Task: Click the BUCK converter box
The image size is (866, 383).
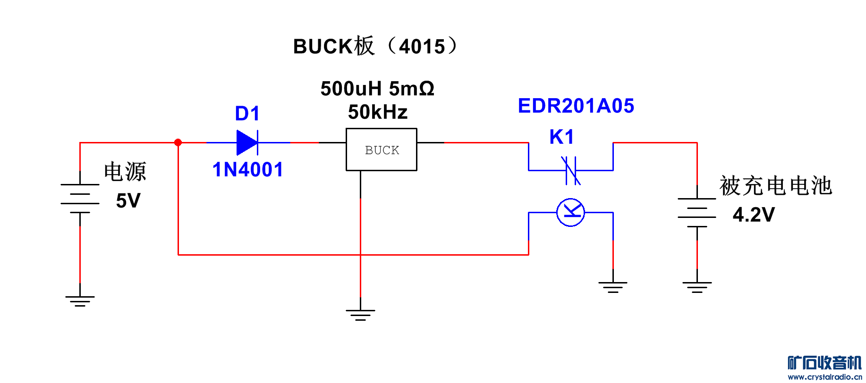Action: pyautogui.click(x=382, y=150)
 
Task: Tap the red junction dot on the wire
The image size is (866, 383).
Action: pyautogui.click(x=178, y=142)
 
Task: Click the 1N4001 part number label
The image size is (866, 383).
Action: pyautogui.click(x=248, y=170)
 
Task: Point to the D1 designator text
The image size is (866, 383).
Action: pyautogui.click(x=247, y=114)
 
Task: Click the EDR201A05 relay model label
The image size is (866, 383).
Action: pyautogui.click(x=576, y=106)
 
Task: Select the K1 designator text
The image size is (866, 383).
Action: pyautogui.click(x=562, y=137)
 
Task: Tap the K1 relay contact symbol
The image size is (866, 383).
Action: pyautogui.click(x=571, y=170)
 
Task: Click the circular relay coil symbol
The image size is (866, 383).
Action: pyautogui.click(x=571, y=213)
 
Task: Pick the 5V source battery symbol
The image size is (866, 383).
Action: pyautogui.click(x=80, y=198)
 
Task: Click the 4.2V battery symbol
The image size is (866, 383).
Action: pyautogui.click(x=697, y=212)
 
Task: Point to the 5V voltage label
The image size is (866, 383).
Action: pyautogui.click(x=128, y=201)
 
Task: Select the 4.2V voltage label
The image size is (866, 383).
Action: pyautogui.click(x=754, y=215)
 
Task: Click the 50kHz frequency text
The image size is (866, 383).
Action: pyautogui.click(x=378, y=112)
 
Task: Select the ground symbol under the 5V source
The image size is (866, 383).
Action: pyautogui.click(x=80, y=301)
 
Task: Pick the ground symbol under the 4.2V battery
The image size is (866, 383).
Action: pyautogui.click(x=697, y=287)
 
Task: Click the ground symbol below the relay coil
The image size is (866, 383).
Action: pyautogui.click(x=613, y=287)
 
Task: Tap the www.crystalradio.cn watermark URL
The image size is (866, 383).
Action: pyautogui.click(x=824, y=377)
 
